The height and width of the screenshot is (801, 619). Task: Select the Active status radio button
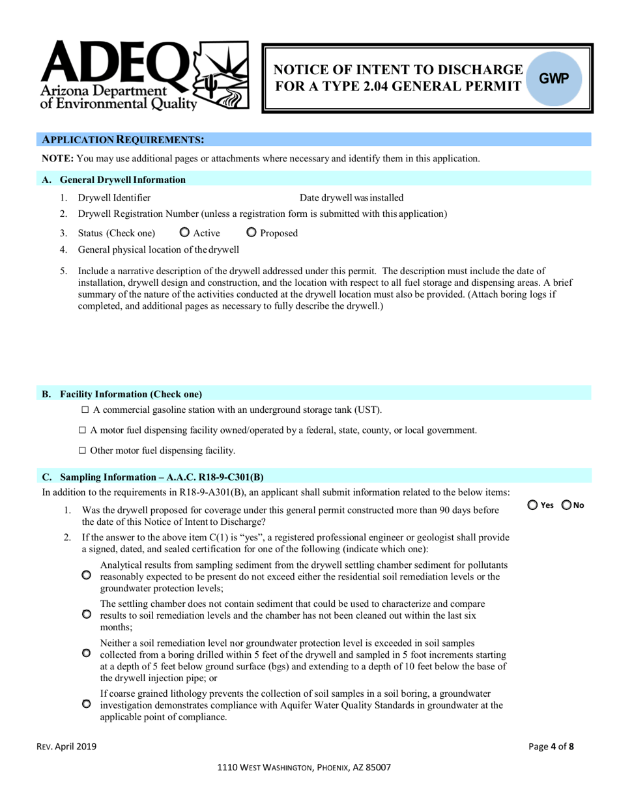coord(184,233)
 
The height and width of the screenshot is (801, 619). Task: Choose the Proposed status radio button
coord(252,233)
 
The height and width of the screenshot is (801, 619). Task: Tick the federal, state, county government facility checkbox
coord(82,430)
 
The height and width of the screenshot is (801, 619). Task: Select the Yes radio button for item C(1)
coord(532,505)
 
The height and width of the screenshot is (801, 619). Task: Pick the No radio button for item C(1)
coord(566,505)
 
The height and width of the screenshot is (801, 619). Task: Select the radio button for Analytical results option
coord(87,576)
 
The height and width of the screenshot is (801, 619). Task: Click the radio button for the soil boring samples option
coord(87,653)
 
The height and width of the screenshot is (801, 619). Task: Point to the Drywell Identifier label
coord(114,198)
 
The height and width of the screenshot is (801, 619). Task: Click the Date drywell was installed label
coord(351,198)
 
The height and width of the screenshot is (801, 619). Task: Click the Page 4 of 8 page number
coord(551,747)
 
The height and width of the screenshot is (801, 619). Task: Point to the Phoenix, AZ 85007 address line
coord(304,768)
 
